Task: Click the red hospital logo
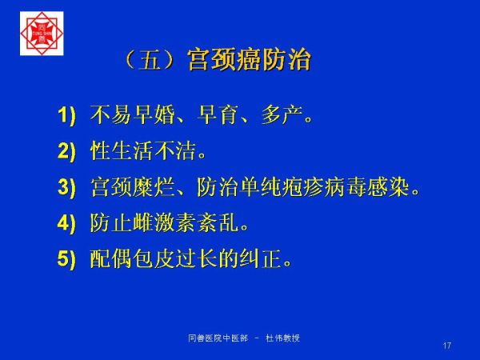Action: point(42,34)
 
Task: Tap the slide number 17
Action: point(447,346)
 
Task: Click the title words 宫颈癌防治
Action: point(249,59)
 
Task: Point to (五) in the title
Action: point(150,59)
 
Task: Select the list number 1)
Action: point(66,116)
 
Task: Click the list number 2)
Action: point(66,151)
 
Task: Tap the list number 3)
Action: point(66,187)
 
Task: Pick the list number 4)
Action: point(66,223)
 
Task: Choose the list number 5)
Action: point(66,259)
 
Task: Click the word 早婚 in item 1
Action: point(154,115)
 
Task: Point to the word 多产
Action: point(282,115)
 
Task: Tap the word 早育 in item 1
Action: point(218,115)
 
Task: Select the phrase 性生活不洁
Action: point(143,151)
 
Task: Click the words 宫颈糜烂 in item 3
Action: point(133,186)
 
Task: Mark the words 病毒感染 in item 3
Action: point(367,186)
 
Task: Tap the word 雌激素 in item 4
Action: point(165,222)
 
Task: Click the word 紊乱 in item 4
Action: point(218,222)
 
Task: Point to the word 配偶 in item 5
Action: point(111,258)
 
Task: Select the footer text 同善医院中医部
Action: point(218,338)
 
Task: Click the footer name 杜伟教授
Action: point(283,338)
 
